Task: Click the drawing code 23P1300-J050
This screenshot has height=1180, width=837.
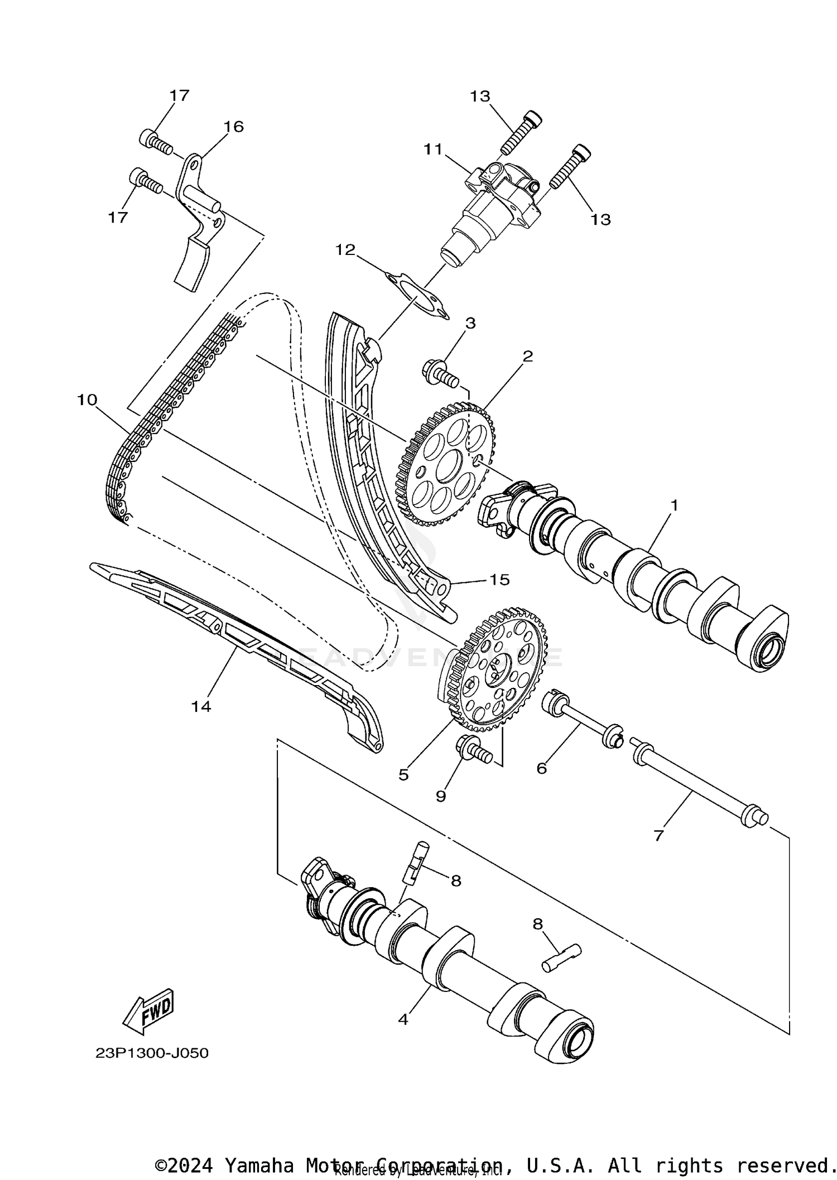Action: tap(152, 1053)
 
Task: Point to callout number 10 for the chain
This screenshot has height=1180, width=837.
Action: tap(87, 399)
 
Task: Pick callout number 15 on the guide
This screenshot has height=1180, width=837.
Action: tap(499, 580)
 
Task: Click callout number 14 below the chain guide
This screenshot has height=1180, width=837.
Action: tap(201, 706)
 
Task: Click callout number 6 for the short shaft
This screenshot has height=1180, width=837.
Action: tap(541, 768)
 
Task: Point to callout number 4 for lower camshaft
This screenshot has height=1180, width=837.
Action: tap(403, 1019)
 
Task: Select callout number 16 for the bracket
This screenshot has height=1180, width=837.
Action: tap(234, 127)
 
